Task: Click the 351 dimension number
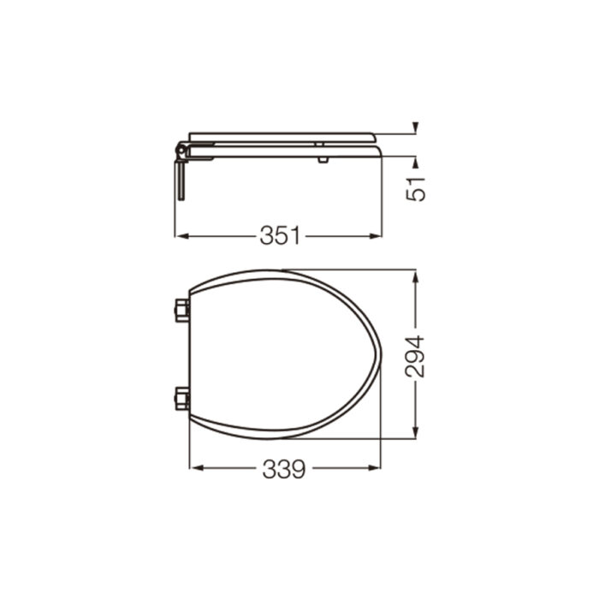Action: point(282,235)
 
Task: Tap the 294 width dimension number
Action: point(415,356)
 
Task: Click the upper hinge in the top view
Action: point(181,310)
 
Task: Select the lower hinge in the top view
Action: point(181,399)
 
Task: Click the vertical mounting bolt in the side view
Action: point(180,180)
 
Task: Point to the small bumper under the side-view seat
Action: point(321,159)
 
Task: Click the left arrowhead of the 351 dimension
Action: point(180,235)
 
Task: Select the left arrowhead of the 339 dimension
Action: point(193,469)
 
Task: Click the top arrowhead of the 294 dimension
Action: point(415,276)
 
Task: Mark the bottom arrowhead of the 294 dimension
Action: point(415,434)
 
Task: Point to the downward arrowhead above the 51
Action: point(415,129)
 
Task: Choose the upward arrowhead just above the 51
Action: point(415,161)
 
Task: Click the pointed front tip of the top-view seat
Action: point(379,355)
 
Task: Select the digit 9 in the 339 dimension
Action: point(297,469)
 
